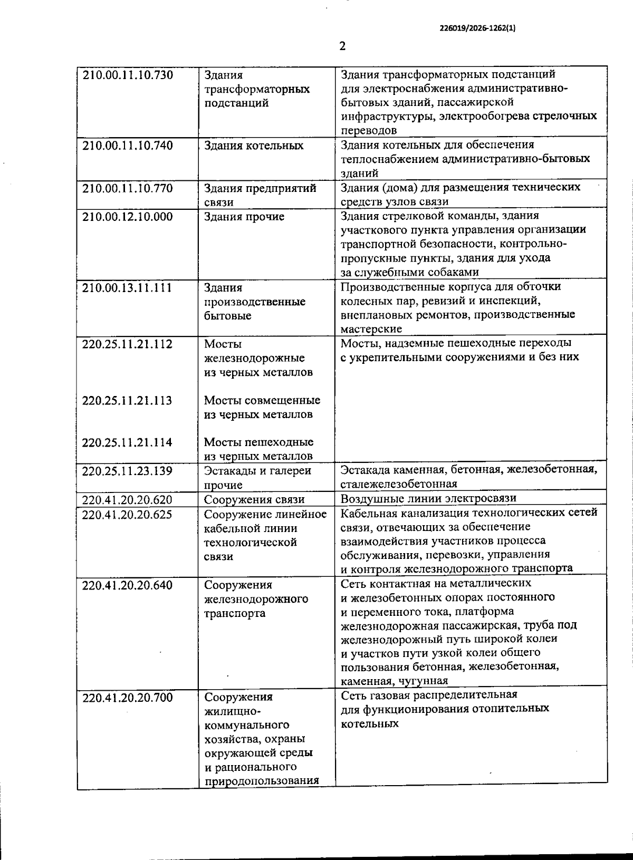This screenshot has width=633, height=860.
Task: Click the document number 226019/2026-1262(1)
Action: click(477, 30)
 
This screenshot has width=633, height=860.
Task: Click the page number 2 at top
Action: click(342, 46)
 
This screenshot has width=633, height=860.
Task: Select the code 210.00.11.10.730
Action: click(128, 75)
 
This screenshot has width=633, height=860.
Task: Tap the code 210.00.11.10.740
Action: click(128, 146)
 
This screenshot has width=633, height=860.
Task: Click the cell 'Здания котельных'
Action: click(254, 146)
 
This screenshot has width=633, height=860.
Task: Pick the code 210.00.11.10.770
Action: click(128, 188)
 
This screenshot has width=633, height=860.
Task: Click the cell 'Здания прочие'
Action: click(244, 217)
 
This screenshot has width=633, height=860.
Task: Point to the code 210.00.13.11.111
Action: click(128, 287)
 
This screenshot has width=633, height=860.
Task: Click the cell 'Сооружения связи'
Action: click(255, 499)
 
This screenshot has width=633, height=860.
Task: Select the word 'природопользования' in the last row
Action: click(262, 781)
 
